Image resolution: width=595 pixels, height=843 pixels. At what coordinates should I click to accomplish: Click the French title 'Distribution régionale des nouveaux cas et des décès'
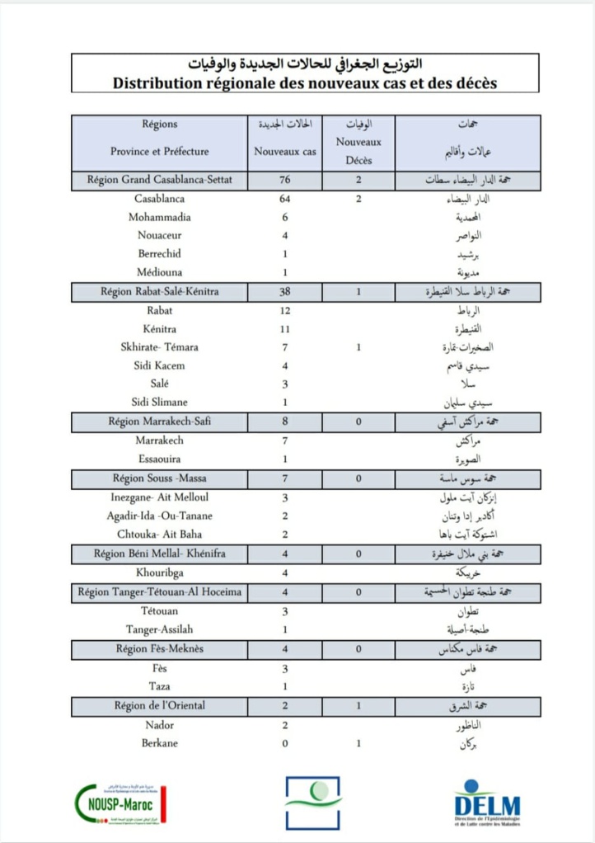click(305, 82)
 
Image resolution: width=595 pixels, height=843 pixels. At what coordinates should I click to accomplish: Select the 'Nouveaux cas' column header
click(284, 152)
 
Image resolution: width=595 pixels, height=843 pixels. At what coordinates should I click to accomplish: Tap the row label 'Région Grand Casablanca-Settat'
click(160, 180)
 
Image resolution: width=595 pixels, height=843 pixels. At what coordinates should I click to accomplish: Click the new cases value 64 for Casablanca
click(284, 199)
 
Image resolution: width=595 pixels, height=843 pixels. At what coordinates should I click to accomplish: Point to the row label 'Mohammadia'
click(160, 217)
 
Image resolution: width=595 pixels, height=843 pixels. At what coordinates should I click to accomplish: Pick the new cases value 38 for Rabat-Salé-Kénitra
click(284, 291)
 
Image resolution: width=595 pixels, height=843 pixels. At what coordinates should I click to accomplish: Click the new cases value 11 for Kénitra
click(284, 328)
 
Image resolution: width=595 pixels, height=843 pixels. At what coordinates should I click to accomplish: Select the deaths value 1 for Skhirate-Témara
click(358, 347)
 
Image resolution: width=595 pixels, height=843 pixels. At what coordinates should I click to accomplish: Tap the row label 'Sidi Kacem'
click(160, 365)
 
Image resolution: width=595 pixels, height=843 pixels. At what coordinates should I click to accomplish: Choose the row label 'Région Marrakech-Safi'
click(160, 421)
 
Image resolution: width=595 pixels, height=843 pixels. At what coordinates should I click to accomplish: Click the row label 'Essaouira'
click(160, 459)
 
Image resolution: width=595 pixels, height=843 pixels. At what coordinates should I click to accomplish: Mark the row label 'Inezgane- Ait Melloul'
click(160, 497)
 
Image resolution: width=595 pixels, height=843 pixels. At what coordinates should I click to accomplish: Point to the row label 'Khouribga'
click(160, 572)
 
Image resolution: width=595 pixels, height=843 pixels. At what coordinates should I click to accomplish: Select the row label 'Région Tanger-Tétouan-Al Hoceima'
click(160, 592)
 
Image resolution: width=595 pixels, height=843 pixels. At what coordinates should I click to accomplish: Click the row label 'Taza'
click(160, 686)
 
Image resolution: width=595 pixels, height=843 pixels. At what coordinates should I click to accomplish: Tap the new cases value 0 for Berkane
click(284, 743)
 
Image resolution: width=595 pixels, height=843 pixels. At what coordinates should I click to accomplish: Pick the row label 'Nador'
click(160, 725)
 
